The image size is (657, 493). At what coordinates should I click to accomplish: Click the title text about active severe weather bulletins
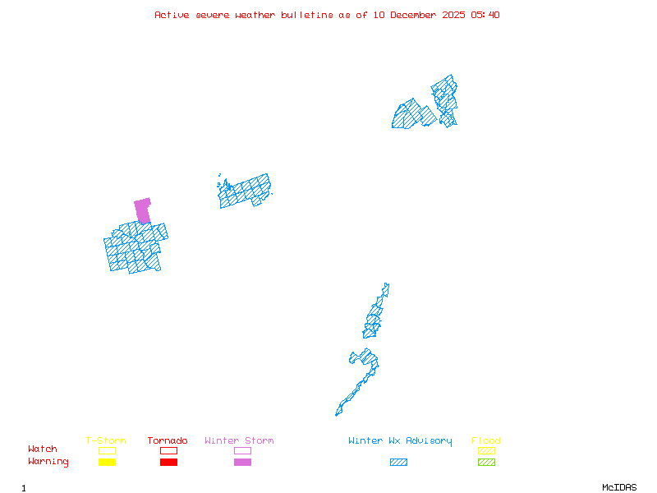click(x=327, y=15)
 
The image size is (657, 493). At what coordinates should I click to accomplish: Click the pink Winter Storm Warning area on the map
click(x=143, y=210)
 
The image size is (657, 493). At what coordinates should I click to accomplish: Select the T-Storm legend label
click(x=106, y=441)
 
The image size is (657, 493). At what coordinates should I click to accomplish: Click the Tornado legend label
click(x=168, y=441)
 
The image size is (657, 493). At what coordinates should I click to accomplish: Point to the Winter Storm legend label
click(x=239, y=441)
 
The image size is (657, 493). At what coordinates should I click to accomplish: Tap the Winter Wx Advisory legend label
click(x=400, y=441)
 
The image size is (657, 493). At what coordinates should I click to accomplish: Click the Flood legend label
click(x=486, y=441)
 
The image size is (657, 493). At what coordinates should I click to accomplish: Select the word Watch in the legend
click(x=43, y=449)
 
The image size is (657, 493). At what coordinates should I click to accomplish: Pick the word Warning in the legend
click(x=48, y=462)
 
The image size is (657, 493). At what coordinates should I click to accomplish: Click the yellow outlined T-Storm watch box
click(x=107, y=450)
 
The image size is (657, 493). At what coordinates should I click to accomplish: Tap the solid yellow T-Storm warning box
click(x=107, y=463)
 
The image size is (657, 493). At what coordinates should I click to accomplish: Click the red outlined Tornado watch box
click(x=168, y=450)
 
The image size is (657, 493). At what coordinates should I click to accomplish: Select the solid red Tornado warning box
click(x=168, y=463)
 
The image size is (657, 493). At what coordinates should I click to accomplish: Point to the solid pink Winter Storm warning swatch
click(x=242, y=463)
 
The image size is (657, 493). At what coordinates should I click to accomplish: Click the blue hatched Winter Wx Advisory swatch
click(x=398, y=463)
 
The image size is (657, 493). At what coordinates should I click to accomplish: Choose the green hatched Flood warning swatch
click(x=486, y=463)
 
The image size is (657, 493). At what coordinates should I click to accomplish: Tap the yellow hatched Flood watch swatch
click(x=486, y=450)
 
